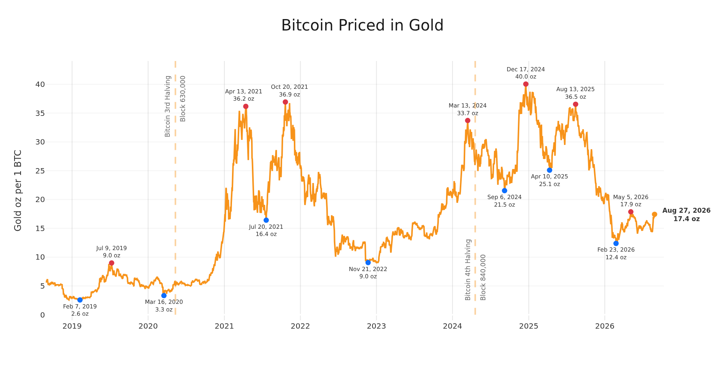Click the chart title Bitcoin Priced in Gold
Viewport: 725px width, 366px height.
(x=362, y=26)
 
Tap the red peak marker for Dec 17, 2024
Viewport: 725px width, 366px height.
(x=526, y=84)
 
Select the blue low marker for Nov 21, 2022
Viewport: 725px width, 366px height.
(x=368, y=263)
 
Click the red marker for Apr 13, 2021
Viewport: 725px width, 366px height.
(x=246, y=106)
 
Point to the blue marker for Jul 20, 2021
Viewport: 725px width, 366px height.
(x=266, y=220)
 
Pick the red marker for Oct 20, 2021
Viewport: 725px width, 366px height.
(x=285, y=102)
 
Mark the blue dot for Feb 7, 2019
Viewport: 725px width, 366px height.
(x=80, y=300)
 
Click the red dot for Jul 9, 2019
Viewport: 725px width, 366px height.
(x=111, y=263)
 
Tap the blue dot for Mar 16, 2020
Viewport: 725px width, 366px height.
(x=164, y=295)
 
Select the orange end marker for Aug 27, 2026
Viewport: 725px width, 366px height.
(x=654, y=215)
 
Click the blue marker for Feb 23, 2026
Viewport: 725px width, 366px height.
(x=616, y=243)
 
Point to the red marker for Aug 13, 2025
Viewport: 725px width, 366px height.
(x=575, y=104)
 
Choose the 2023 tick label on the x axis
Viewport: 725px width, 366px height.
(x=376, y=326)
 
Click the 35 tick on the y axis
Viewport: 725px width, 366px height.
(x=40, y=113)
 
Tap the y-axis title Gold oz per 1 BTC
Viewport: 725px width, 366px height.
(x=18, y=190)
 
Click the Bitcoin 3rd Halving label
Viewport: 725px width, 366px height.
(x=168, y=106)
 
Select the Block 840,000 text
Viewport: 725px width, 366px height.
(x=483, y=277)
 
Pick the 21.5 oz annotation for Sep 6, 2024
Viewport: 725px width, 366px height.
(x=504, y=205)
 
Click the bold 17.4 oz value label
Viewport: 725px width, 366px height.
(x=686, y=219)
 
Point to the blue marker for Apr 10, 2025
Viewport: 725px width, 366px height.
(x=549, y=170)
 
